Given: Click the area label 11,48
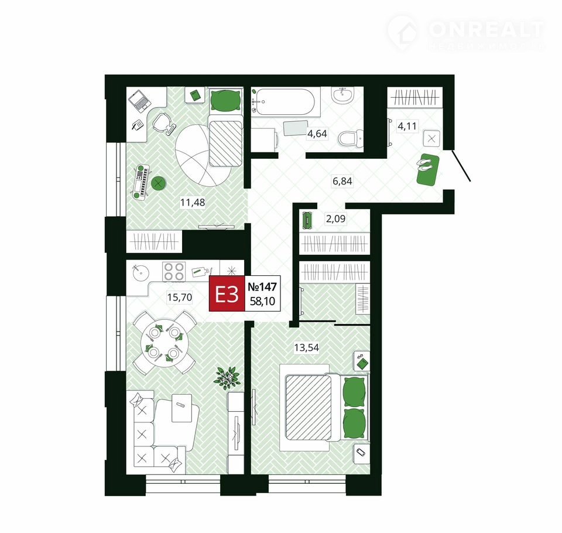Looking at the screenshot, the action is (193, 202).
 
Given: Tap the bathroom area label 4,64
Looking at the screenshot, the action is (317, 134).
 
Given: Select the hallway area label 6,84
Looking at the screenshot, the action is (342, 181).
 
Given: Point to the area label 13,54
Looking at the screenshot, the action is (306, 347).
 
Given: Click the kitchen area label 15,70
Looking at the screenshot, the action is (180, 297).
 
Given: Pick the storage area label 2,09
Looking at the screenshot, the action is (335, 218).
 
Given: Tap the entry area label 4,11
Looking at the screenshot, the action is (407, 127).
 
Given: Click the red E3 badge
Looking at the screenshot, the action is (227, 294).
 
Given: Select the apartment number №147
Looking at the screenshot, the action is (262, 287).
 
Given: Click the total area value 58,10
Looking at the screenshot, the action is (263, 301).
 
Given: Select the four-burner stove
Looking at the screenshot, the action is (174, 272).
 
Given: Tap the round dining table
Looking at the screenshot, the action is (164, 343).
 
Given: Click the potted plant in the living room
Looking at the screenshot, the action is (226, 378).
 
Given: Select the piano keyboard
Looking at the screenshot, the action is (142, 182).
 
